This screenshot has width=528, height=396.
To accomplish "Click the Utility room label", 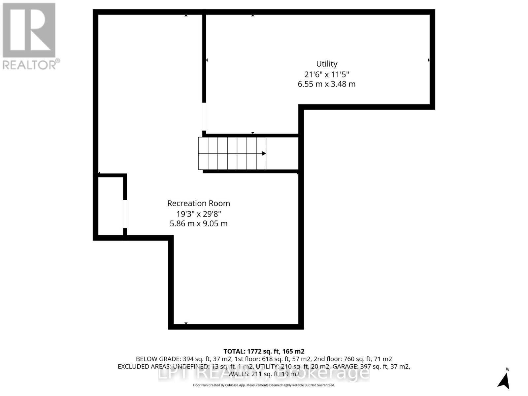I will (327, 64).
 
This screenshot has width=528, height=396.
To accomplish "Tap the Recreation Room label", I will (198, 203).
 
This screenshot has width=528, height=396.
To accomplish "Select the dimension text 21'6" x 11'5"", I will (327, 74).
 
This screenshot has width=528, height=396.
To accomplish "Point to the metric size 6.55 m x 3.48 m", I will (327, 84).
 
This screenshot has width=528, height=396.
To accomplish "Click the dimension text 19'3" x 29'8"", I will (198, 214).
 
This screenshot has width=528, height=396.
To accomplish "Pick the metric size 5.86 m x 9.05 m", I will (198, 224).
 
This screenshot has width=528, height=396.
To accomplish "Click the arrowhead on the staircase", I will (264, 153).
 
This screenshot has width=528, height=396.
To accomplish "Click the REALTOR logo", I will (29, 30).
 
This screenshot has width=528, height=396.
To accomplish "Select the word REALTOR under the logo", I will (30, 64).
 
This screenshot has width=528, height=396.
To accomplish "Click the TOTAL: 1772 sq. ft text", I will (264, 351).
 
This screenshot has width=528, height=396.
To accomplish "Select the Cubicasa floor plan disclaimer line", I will (264, 385).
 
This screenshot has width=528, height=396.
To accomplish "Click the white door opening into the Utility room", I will (204, 117).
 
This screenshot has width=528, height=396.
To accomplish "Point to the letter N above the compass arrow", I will (508, 369).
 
